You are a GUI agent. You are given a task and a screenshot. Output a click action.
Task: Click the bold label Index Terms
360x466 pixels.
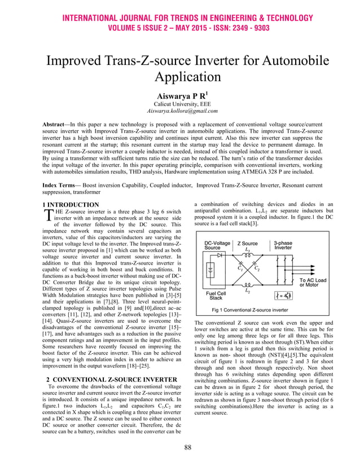click(x=64, y=186)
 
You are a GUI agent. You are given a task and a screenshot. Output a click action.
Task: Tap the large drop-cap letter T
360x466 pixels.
click(x=47, y=215)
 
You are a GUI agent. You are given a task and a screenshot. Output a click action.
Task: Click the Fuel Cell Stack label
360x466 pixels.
click(x=216, y=295)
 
